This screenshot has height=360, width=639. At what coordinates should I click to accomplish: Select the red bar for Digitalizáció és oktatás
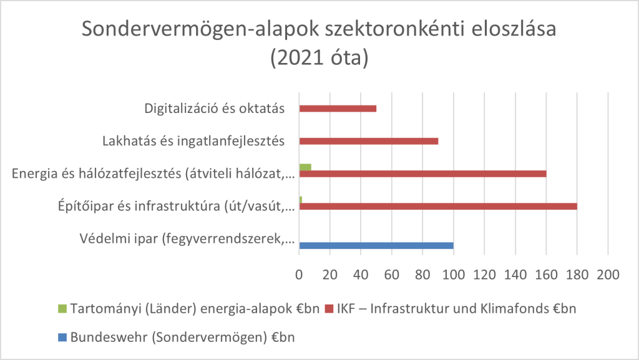[338, 109]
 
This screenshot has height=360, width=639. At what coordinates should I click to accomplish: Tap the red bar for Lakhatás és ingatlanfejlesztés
[368, 141]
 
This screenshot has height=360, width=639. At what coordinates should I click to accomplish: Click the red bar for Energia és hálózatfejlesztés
[422, 173]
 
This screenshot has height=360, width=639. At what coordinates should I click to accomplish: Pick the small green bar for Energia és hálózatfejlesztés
[305, 167]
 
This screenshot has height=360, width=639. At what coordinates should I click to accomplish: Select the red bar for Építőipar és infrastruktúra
[438, 206]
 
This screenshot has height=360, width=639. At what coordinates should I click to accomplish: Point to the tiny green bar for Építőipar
[301, 200]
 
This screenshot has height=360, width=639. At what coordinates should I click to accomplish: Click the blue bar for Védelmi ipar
[376, 245]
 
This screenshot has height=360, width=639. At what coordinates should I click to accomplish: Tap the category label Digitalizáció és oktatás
[215, 109]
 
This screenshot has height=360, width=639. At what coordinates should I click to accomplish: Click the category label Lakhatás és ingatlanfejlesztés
[193, 141]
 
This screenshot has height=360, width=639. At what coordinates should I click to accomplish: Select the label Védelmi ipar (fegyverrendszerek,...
[187, 238]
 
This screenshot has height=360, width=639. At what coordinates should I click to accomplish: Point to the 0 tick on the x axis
[300, 274]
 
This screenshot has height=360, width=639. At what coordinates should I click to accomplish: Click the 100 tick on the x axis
[454, 274]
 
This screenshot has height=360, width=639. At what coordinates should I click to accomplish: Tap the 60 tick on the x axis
[392, 274]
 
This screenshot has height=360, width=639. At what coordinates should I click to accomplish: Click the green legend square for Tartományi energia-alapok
[62, 309]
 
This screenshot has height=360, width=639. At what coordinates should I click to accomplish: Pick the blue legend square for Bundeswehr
[62, 338]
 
